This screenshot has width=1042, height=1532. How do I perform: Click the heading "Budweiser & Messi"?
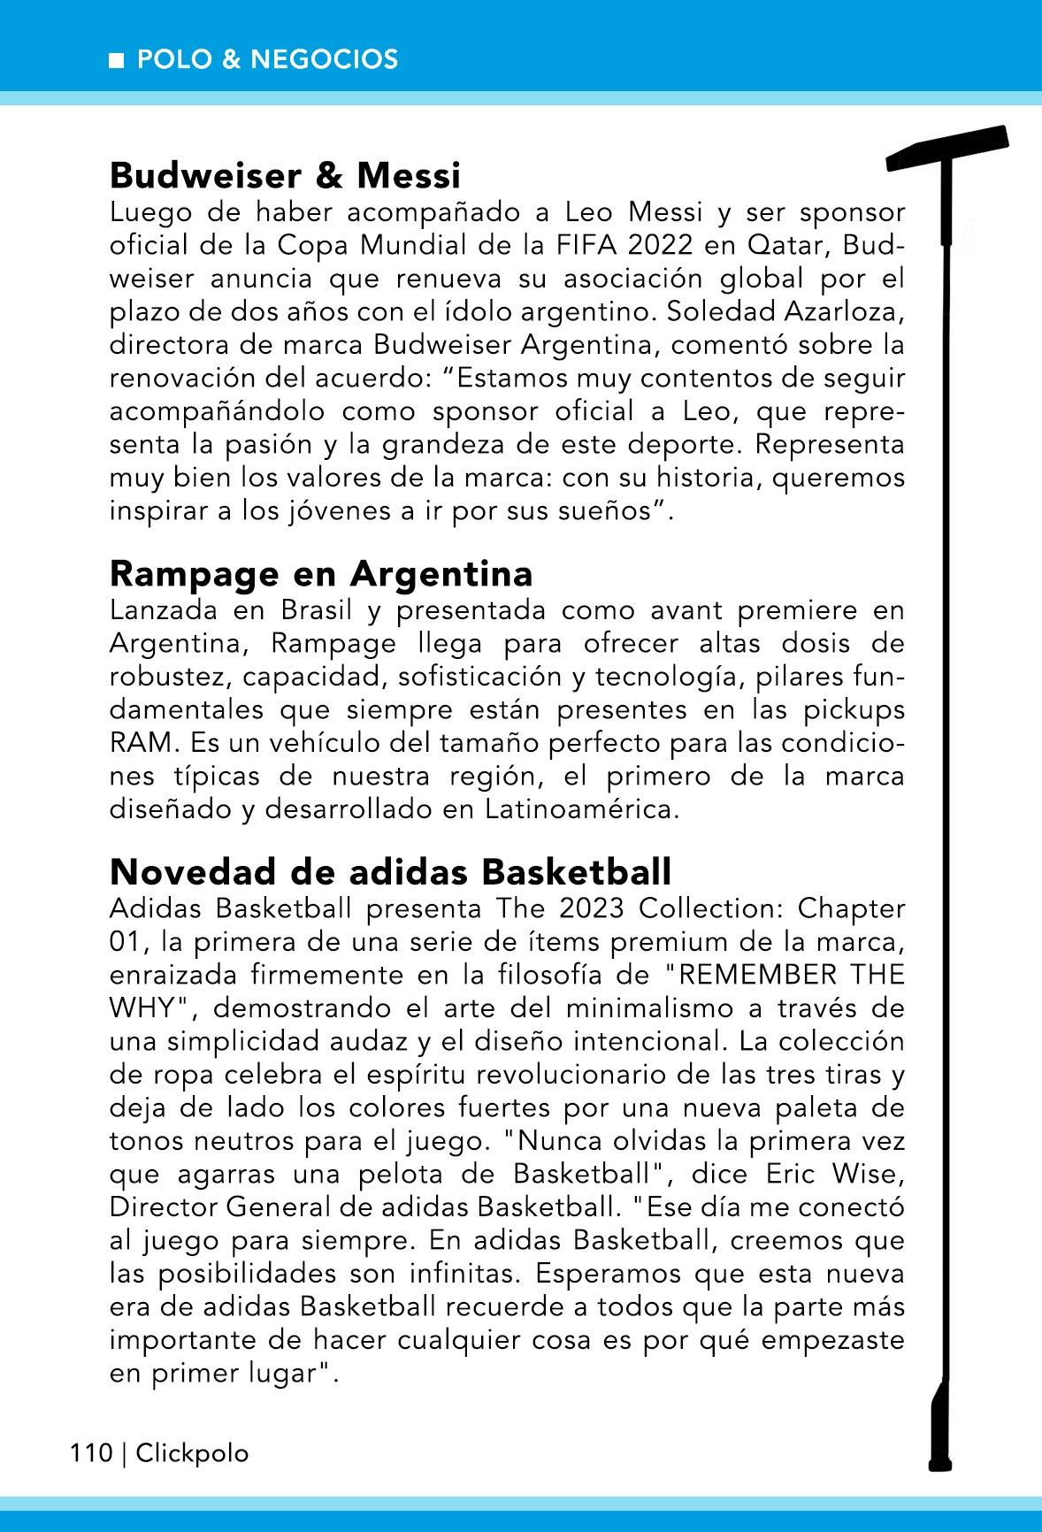click(x=285, y=176)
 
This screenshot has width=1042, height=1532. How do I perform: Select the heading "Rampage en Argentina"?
click(x=321, y=574)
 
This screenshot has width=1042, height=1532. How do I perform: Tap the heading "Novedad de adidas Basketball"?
click(x=390, y=872)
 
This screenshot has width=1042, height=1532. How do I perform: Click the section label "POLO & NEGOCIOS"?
click(x=268, y=59)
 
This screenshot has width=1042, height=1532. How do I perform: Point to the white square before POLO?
click(x=117, y=60)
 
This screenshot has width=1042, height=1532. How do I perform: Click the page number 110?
click(x=91, y=1453)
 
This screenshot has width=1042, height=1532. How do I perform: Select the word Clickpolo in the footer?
click(x=192, y=1453)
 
